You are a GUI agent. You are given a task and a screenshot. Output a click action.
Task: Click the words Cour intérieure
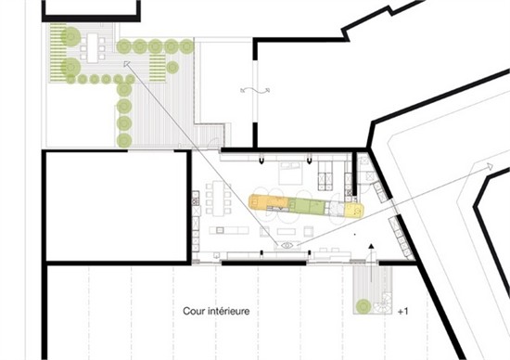click(x=216, y=311)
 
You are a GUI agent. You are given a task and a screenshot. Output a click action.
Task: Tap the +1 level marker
click(x=403, y=312)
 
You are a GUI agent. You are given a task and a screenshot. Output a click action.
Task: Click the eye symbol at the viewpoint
click(x=287, y=245)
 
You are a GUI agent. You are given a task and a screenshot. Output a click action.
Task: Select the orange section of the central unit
click(x=268, y=202)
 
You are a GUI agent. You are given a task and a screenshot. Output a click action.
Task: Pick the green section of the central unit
click(x=307, y=207)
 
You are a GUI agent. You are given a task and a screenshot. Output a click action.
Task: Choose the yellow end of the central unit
click(x=353, y=210)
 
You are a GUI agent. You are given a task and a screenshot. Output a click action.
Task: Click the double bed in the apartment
click(x=290, y=174)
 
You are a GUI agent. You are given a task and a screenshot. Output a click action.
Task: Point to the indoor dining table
click(x=218, y=198)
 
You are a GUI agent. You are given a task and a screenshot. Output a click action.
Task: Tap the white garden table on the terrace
click(x=93, y=48)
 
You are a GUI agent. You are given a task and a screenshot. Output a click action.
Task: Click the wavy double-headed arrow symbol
click(x=255, y=91)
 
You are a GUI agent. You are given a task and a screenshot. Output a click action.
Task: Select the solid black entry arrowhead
click(x=371, y=246)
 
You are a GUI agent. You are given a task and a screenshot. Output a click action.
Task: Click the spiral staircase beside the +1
click(x=382, y=305)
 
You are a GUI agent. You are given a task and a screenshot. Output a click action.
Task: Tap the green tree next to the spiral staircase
click(x=363, y=306)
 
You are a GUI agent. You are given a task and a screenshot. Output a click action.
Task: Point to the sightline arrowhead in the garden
click(x=126, y=64)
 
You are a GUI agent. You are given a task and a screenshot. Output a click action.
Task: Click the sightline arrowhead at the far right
click(x=490, y=166)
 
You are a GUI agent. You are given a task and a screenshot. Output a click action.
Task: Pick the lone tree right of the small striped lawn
click(x=172, y=68)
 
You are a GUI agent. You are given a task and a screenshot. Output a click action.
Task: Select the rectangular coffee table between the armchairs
click(x=287, y=231)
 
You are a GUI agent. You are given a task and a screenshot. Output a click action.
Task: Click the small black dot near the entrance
click(x=354, y=234)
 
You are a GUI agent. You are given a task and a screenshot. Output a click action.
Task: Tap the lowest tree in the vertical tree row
click(x=124, y=140)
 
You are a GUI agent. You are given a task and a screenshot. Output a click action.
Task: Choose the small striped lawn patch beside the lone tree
click(x=158, y=68)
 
